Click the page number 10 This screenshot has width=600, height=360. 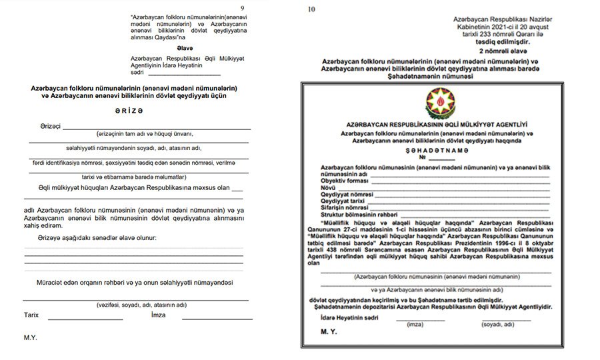point(310,9)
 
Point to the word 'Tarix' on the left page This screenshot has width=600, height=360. point(31,315)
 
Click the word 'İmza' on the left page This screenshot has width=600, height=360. point(158,315)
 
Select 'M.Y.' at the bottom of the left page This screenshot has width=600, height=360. point(31,338)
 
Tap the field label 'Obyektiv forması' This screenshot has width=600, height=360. point(345,181)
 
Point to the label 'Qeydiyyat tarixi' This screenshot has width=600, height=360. point(343,201)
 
